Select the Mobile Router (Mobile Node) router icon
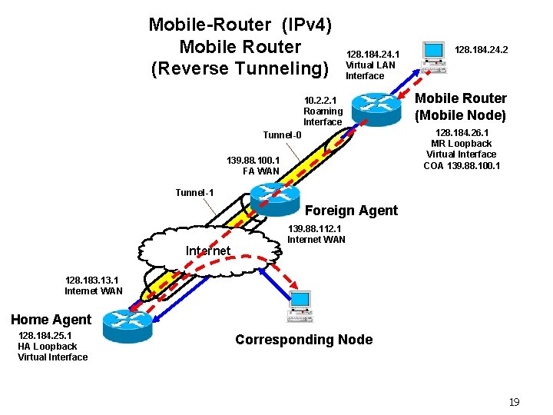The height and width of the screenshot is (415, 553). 375,106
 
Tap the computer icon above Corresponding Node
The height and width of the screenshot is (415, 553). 300,305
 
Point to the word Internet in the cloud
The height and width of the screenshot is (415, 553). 207,251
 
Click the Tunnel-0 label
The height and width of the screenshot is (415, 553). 282,135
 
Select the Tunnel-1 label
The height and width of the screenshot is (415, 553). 194,192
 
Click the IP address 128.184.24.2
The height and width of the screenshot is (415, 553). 482,50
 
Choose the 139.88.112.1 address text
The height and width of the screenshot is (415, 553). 314,228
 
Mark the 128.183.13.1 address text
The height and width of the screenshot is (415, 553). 93,281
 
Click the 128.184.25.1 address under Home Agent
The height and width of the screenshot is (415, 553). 45,335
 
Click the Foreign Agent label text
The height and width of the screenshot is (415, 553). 351,211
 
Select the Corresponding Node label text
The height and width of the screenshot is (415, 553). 303,340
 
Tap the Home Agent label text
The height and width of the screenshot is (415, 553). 51,320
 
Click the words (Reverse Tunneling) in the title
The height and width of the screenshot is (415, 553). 240,68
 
